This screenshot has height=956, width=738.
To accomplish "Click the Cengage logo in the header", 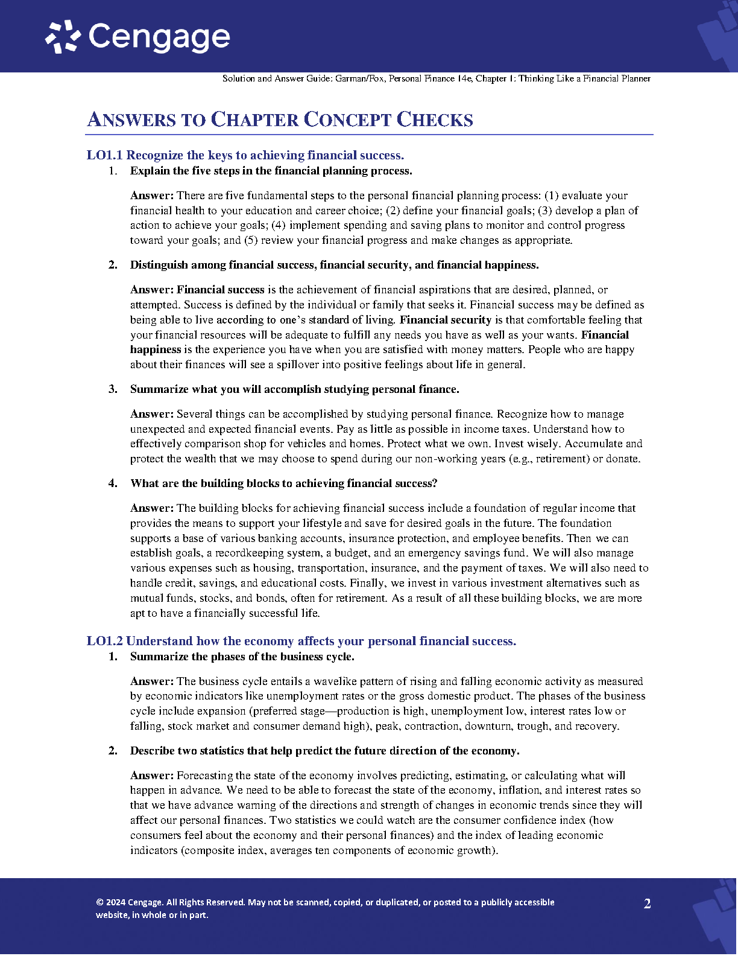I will (x=137, y=37).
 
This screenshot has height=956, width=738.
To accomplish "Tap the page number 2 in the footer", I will (x=647, y=904).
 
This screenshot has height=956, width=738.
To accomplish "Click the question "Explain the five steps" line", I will (x=271, y=171).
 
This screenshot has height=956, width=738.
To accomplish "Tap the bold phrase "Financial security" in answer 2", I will (x=445, y=320).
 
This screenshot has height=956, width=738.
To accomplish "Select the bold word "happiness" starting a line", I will (x=156, y=349).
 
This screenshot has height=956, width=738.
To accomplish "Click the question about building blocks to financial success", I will (x=283, y=483).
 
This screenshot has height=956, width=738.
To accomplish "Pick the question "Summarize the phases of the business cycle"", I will (x=242, y=657).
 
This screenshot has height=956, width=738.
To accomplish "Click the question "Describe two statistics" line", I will (x=324, y=751).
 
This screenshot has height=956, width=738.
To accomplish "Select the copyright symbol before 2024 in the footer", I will (x=99, y=903).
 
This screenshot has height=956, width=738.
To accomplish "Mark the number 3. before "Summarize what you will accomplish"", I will (x=113, y=389).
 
